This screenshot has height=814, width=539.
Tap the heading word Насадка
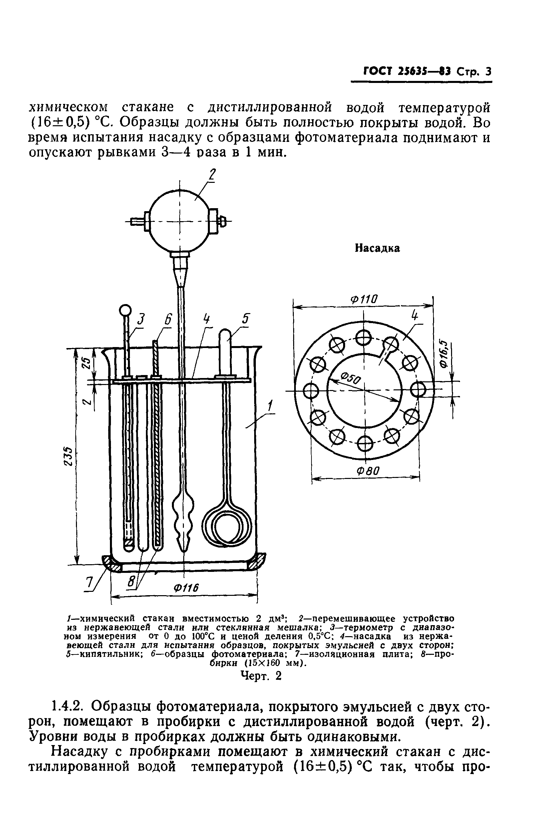[x=377, y=248]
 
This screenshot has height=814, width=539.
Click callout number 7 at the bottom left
[x=89, y=584]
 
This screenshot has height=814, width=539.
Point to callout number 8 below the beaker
[x=131, y=582]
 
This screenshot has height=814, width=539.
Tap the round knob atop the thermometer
[x=125, y=311]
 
